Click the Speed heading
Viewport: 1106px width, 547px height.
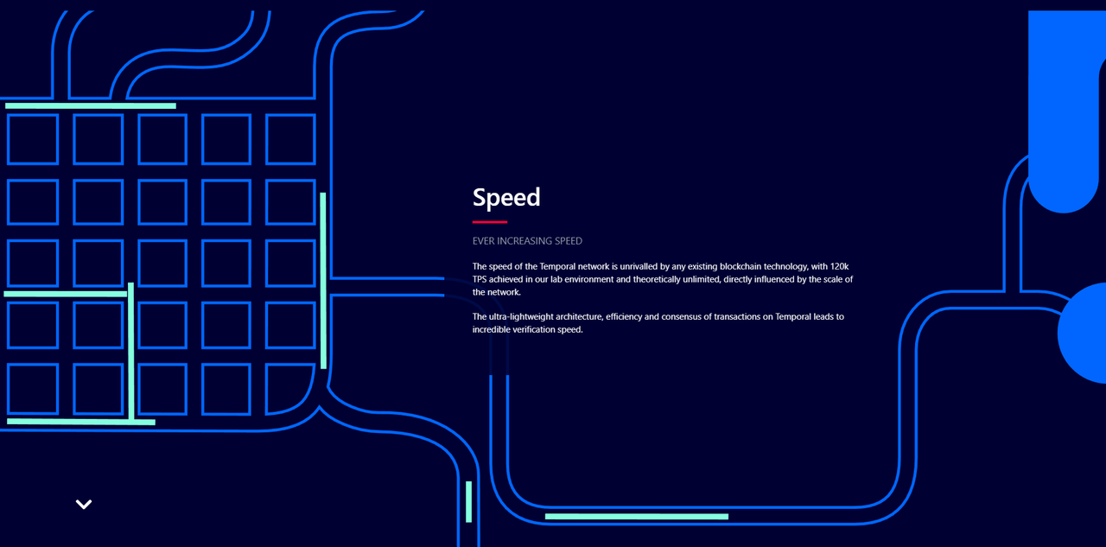click(x=506, y=198)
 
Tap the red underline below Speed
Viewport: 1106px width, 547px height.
click(x=490, y=222)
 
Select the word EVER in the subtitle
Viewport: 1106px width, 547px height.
click(x=483, y=241)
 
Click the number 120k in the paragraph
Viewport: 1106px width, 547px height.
click(x=839, y=267)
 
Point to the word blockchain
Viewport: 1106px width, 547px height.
click(x=741, y=267)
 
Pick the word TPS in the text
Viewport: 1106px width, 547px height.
click(x=480, y=279)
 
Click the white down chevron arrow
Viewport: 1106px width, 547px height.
click(x=84, y=504)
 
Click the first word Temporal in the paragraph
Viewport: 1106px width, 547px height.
click(x=557, y=267)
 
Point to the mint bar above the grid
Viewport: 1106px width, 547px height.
click(x=91, y=105)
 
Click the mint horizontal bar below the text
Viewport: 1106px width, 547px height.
click(x=637, y=517)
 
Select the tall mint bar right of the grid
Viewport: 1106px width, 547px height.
click(x=323, y=281)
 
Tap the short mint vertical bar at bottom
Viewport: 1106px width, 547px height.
click(x=468, y=501)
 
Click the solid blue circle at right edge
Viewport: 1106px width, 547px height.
click(x=1084, y=334)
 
